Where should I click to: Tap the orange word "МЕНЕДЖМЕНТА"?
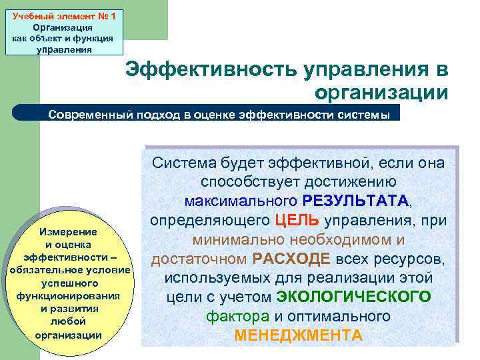tap(299, 335)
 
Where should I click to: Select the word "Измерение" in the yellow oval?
tap(69, 232)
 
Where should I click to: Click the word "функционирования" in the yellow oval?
tap(69, 295)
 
